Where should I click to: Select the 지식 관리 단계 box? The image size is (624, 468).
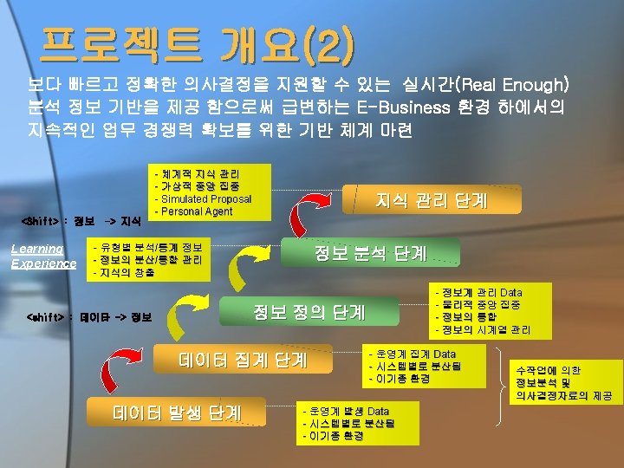(431, 200)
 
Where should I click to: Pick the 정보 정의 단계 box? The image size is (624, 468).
(309, 310)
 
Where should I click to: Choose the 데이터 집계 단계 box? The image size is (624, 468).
(243, 359)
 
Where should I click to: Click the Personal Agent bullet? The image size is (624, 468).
(193, 211)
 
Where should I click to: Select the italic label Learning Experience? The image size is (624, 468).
(43, 256)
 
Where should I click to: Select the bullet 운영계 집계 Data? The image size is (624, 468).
(415, 354)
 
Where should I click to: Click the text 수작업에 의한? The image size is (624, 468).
(548, 370)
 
